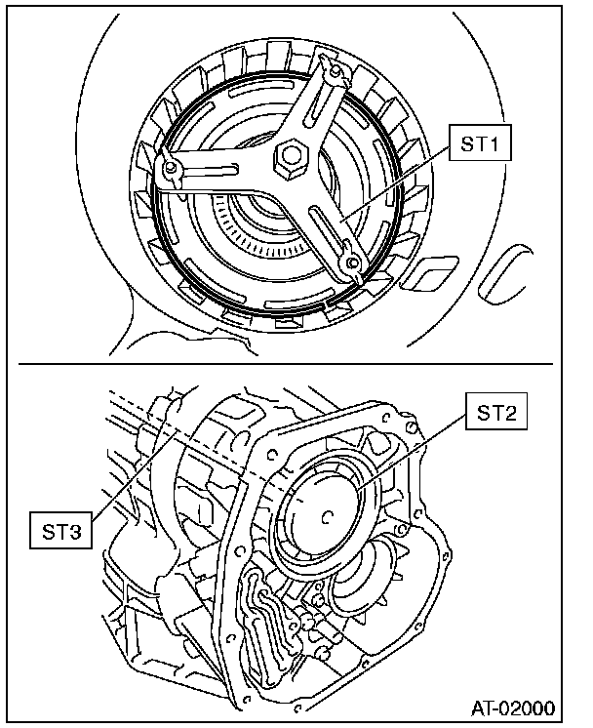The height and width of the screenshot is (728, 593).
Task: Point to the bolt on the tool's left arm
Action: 171,171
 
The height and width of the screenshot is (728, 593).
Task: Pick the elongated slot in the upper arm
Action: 319,101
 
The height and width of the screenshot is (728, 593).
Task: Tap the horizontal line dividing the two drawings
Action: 293,366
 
